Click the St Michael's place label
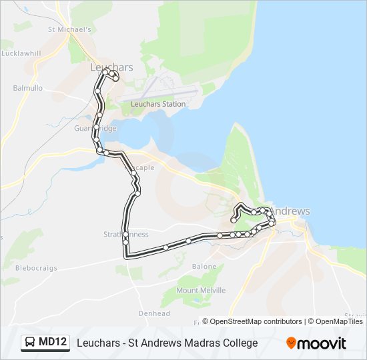69,29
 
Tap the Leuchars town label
111,67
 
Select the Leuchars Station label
158,104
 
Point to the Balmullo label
27,87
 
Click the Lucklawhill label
20,53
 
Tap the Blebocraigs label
36,268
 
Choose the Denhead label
154,313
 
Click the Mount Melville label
201,291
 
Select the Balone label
204,266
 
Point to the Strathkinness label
127,235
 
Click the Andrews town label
292,211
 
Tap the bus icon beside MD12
31,343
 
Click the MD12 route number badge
53,343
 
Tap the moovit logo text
322,343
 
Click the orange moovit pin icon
291,343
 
